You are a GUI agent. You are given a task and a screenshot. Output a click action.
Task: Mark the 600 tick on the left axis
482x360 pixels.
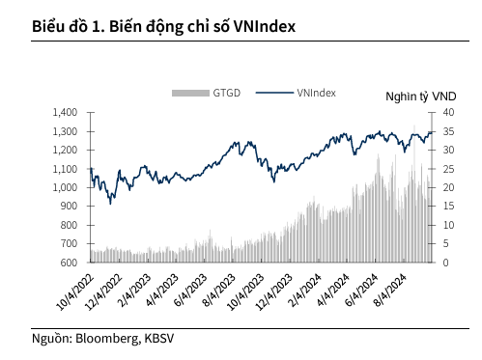67,263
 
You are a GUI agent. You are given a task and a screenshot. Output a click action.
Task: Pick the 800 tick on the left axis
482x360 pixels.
67,225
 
